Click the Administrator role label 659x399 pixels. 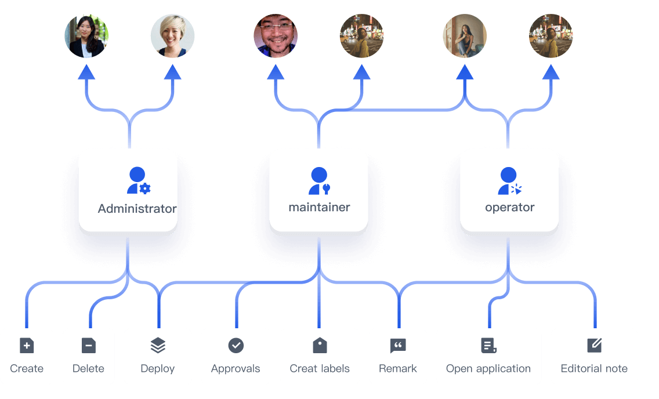point(137,209)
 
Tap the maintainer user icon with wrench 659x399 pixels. point(320,181)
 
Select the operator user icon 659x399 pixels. point(510,181)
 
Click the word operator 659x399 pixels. point(510,208)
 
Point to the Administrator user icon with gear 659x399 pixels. point(139,181)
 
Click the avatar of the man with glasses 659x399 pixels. point(276,36)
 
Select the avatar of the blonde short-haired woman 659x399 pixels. point(172,36)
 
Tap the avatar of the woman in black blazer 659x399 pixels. point(86,36)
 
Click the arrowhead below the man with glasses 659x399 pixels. point(276,72)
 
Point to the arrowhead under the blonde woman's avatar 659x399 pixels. point(172,72)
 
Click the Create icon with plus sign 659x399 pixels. point(27,346)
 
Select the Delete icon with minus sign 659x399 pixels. point(89,346)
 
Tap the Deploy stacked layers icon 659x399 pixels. point(158,346)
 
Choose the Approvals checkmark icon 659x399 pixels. point(236,346)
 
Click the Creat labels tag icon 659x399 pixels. point(320,345)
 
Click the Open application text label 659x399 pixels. point(488,369)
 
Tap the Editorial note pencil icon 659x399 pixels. point(594,345)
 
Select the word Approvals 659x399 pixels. point(236,369)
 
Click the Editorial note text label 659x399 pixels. point(594,368)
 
